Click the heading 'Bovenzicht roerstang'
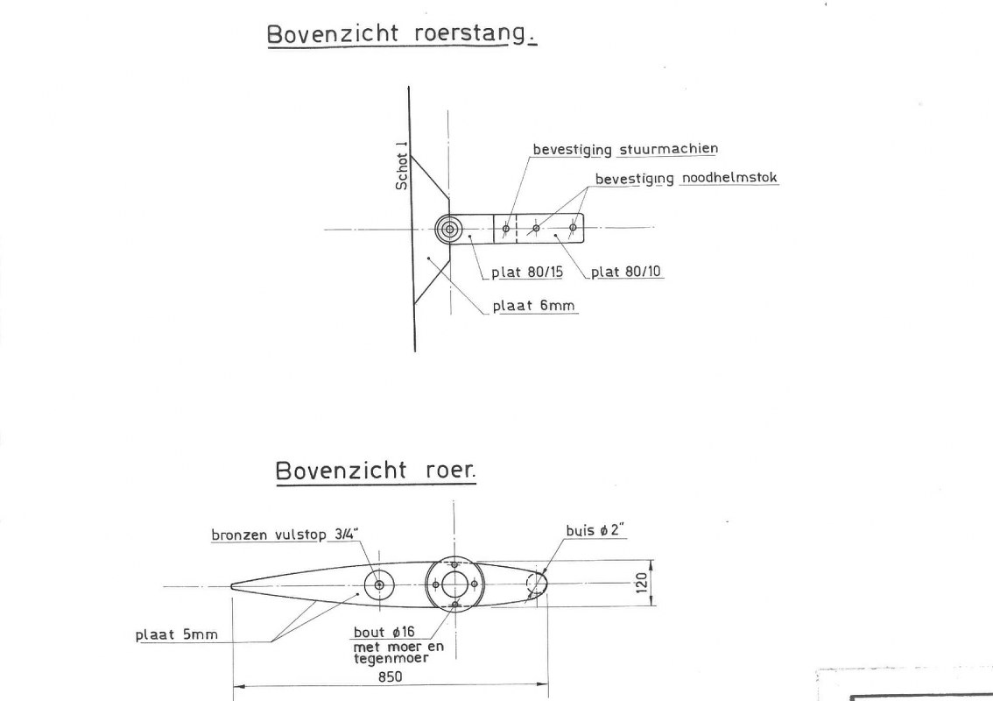pos(402,33)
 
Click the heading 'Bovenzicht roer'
pos(375,471)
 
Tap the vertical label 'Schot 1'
pos(402,166)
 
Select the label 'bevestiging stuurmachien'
pos(625,149)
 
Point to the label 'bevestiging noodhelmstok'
pos(687,178)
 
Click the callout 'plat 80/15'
pos(527,272)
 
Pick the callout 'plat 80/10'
pos(626,272)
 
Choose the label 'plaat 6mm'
pos(534,306)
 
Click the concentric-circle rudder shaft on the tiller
pos(449,229)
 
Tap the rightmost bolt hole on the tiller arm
pos(573,228)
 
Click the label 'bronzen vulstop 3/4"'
pos(285,535)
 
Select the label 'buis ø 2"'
pos(595,530)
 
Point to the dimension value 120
pos(642,583)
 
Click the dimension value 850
pos(391,676)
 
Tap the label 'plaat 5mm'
pos(177,634)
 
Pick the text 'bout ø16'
pos(384,632)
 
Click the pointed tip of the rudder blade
pos(230,586)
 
